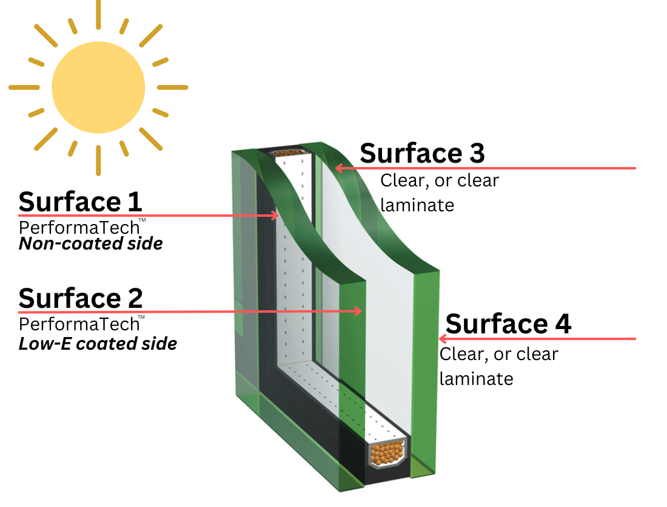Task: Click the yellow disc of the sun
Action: pos(98,87)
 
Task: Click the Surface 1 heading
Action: pos(80,202)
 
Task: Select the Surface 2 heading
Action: pos(81,298)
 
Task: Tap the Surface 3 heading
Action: pos(422,153)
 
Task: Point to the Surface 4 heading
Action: pos(508,324)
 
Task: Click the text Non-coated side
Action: pos(90,243)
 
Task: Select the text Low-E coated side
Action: pos(98,344)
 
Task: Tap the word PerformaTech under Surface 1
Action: pos(79,228)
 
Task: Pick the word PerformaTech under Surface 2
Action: pos(79,324)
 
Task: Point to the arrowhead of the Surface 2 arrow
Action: pos(358,311)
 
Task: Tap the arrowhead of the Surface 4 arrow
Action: pos(443,339)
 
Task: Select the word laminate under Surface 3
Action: pos(417,205)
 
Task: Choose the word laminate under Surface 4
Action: pos(476,379)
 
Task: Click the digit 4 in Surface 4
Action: pos(563,324)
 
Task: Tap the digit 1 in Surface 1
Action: pos(135,202)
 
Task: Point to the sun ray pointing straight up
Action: pos(98,15)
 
